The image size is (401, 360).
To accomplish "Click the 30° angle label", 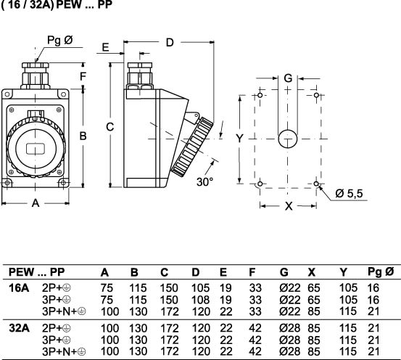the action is coord(204,181).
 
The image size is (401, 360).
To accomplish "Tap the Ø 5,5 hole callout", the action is coord(349,193).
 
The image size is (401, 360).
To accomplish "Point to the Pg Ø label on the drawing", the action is coord(60,40).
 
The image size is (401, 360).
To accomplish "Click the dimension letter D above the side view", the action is coord(170,43).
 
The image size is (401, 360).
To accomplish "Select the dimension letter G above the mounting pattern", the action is coord(288,78).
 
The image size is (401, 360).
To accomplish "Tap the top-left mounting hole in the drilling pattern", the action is coord(260,95).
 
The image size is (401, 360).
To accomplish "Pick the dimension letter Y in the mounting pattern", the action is coord(239,138).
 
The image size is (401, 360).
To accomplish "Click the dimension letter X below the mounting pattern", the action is coord(289,206).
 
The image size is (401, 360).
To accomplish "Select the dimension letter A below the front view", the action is coord(36,203).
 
